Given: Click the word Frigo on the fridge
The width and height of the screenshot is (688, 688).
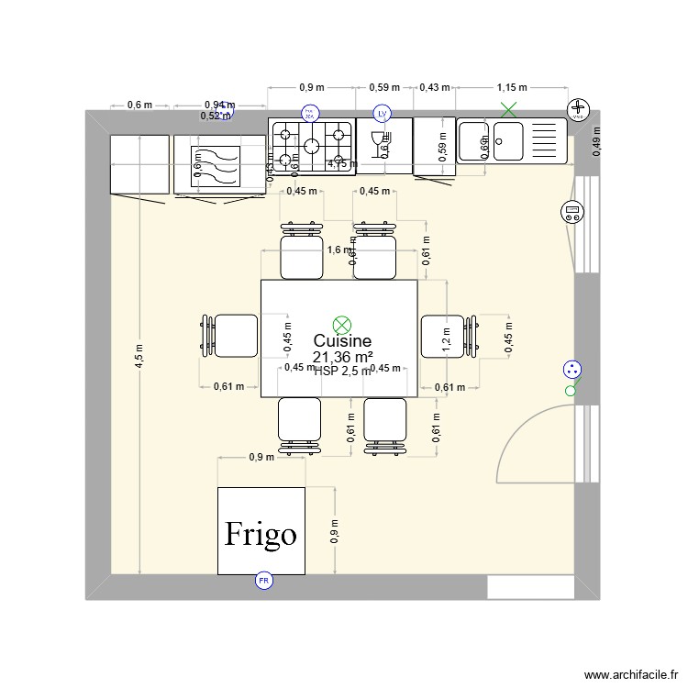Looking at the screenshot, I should (261, 534).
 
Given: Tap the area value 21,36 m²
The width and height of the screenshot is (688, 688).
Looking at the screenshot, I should (341, 357).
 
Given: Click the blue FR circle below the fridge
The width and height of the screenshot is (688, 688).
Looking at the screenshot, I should (263, 581).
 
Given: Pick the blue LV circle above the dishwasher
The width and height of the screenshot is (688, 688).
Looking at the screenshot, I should (383, 114).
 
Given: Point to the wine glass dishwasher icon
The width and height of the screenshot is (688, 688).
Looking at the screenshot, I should (375, 141).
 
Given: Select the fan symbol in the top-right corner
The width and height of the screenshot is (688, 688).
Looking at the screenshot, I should (578, 110).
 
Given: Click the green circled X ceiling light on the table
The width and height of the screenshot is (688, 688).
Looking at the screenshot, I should (342, 323).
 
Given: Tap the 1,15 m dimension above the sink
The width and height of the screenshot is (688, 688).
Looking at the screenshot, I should (512, 88).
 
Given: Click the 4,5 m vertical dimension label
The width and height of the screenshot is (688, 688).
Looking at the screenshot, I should (139, 354).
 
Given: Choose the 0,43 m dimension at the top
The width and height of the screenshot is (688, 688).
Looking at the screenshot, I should (434, 88).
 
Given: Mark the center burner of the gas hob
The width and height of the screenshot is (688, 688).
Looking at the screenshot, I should (312, 144).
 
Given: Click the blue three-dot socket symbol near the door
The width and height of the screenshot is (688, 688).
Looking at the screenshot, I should (572, 371).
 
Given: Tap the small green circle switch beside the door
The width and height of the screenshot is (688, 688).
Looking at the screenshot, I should (571, 392).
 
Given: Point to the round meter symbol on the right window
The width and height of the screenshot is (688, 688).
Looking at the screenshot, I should (572, 213).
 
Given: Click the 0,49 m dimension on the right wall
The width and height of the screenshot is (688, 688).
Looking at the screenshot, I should (597, 142).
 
